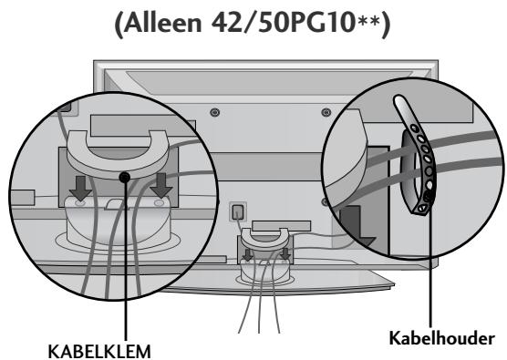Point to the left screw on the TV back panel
(x=213, y=113)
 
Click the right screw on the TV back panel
(x=326, y=113)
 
